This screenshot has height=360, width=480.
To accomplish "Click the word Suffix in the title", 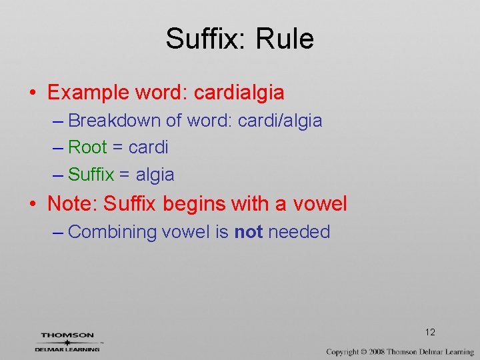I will [x=203, y=39].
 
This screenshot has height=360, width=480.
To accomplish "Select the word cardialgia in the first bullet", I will [x=239, y=92].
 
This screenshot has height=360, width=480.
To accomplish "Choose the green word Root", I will [x=87, y=147].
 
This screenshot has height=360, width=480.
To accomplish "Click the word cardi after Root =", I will [x=148, y=147].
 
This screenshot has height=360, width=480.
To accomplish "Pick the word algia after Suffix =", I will [x=155, y=175].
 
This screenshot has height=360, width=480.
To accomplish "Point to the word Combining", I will [x=112, y=232].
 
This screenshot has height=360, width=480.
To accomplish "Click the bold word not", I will [x=248, y=232].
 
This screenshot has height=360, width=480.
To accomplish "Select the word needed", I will [x=299, y=232].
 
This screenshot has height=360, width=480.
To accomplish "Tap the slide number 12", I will [x=430, y=332].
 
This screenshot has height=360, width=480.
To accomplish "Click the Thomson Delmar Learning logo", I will [x=67, y=342].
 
